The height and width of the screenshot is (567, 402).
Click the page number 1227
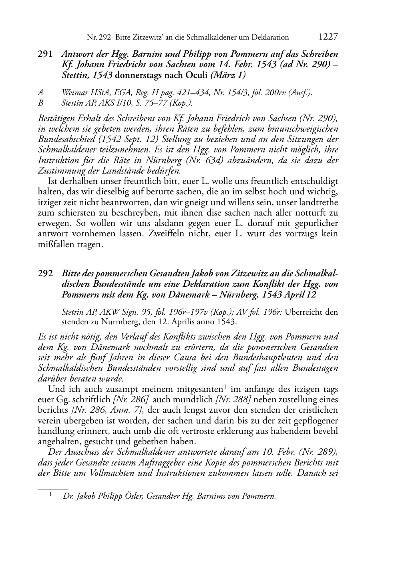click(328, 37)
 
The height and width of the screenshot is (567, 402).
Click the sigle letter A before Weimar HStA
click(40, 93)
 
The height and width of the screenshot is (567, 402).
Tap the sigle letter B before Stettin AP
click(40, 103)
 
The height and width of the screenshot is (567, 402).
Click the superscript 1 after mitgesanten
click(225, 386)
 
